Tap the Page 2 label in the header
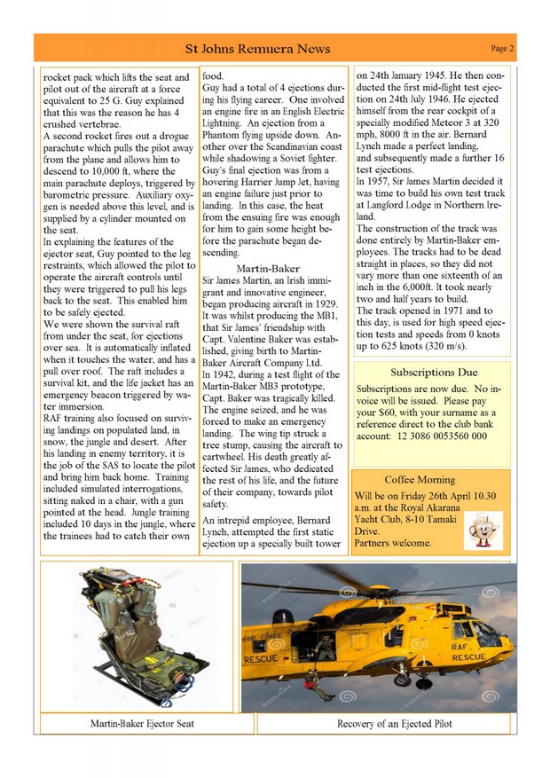pyautogui.click(x=503, y=48)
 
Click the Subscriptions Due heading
pyautogui.click(x=434, y=372)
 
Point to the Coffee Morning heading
pyautogui.click(x=420, y=479)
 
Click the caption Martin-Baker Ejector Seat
pyautogui.click(x=142, y=724)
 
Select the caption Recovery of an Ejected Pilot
pyautogui.click(x=394, y=724)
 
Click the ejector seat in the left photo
pyautogui.click(x=142, y=634)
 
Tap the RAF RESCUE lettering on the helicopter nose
pyautogui.click(x=467, y=652)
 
